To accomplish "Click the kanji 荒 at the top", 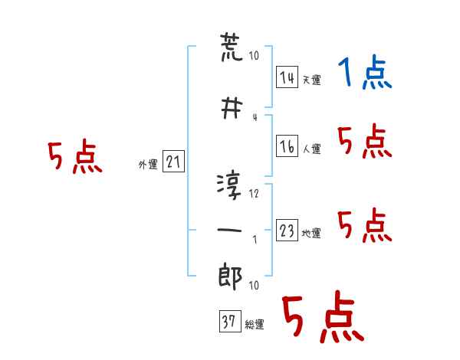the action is [x=232, y=47].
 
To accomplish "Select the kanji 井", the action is [x=232, y=108].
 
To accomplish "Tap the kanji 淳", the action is [x=229, y=186].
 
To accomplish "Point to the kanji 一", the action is [x=229, y=230].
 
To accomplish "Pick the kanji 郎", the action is [x=230, y=277].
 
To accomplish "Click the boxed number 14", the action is [x=287, y=77].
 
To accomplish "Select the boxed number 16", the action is [x=287, y=146].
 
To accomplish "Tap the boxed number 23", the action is [x=287, y=230].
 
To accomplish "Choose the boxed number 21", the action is [x=173, y=161].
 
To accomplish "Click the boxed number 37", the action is [x=230, y=321].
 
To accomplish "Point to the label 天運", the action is [x=311, y=80].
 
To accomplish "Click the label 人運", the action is [x=311, y=149].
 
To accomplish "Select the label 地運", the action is [x=311, y=233].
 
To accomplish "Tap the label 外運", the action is [x=148, y=165].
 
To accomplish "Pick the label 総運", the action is [x=255, y=325].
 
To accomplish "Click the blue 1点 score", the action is [x=365, y=72].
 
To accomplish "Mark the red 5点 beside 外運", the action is [x=75, y=156].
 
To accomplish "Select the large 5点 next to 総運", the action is [x=324, y=316].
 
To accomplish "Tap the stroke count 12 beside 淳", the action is [x=254, y=194].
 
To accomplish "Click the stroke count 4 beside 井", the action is [x=255, y=117].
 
